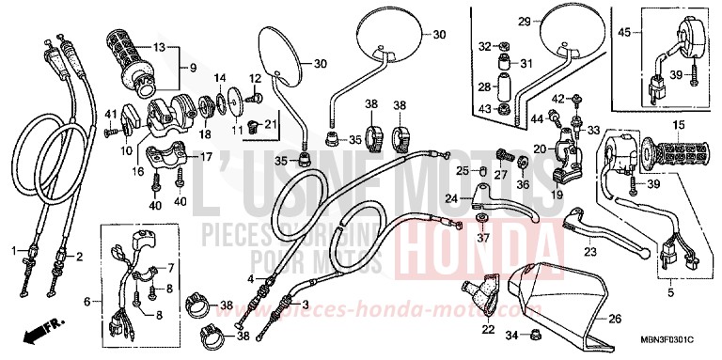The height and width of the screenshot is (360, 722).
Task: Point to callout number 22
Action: click(487, 329)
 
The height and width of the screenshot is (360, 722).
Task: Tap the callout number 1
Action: click(14, 250)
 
